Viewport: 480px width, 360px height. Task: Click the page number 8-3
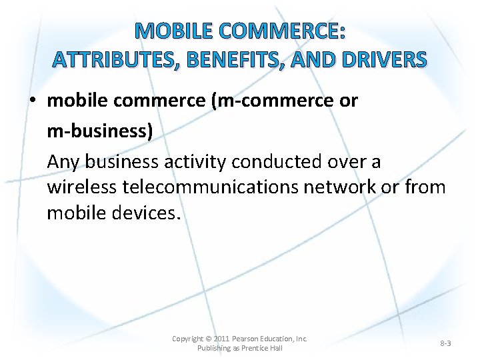click(x=445, y=343)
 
